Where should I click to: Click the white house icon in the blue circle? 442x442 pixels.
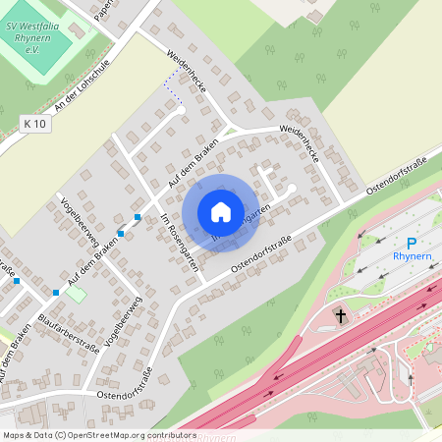pyautogui.click(x=221, y=211)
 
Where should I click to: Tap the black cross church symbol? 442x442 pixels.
pyautogui.click(x=341, y=316)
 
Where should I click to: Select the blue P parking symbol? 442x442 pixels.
pyautogui.click(x=412, y=243)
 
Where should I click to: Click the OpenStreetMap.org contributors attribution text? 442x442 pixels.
pyautogui.click(x=127, y=434)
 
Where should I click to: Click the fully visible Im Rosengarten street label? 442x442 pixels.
pyautogui.click(x=179, y=242)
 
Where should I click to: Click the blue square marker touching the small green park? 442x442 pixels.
pyautogui.click(x=56, y=292)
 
